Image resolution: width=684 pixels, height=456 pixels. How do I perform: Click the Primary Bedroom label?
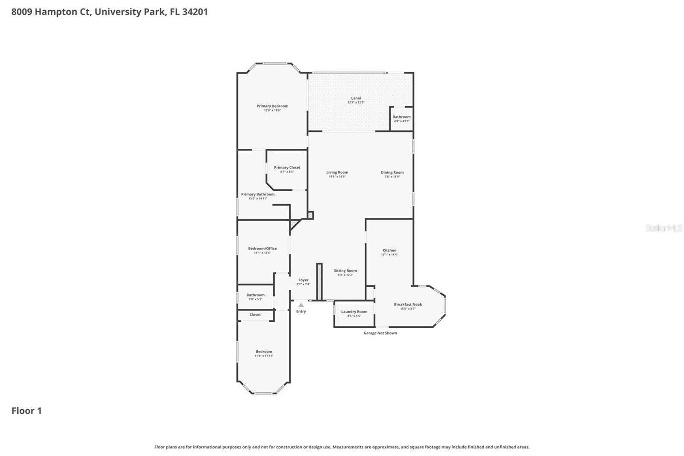272,106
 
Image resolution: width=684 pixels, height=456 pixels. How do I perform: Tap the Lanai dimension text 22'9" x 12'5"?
356,103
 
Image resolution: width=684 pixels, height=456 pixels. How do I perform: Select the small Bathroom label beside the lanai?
401,117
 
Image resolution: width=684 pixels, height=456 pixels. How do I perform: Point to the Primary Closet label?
287,168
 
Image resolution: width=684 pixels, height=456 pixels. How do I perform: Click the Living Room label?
337,172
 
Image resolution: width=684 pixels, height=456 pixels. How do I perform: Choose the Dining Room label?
392,172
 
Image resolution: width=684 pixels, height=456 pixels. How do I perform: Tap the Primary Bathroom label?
258,194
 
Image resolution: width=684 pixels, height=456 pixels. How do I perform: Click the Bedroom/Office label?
262,249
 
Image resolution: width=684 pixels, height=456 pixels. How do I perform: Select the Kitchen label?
389,250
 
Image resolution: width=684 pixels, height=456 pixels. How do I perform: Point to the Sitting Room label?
345,271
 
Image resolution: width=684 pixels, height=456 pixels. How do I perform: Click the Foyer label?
303,280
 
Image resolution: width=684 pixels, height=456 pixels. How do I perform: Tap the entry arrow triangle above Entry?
301,305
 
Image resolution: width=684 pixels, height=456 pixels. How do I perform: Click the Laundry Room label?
354,312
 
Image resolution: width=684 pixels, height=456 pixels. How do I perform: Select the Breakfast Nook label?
408,305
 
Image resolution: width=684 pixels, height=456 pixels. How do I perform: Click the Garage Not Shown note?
380,333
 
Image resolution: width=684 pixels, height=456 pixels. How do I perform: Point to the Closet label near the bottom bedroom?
255,315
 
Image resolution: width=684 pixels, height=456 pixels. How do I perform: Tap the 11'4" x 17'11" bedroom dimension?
264,356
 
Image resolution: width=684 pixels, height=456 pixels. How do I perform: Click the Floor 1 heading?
27,411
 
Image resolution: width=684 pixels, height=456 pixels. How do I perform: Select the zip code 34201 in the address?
195,12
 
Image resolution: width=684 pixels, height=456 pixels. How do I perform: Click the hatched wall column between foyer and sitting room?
318,281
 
